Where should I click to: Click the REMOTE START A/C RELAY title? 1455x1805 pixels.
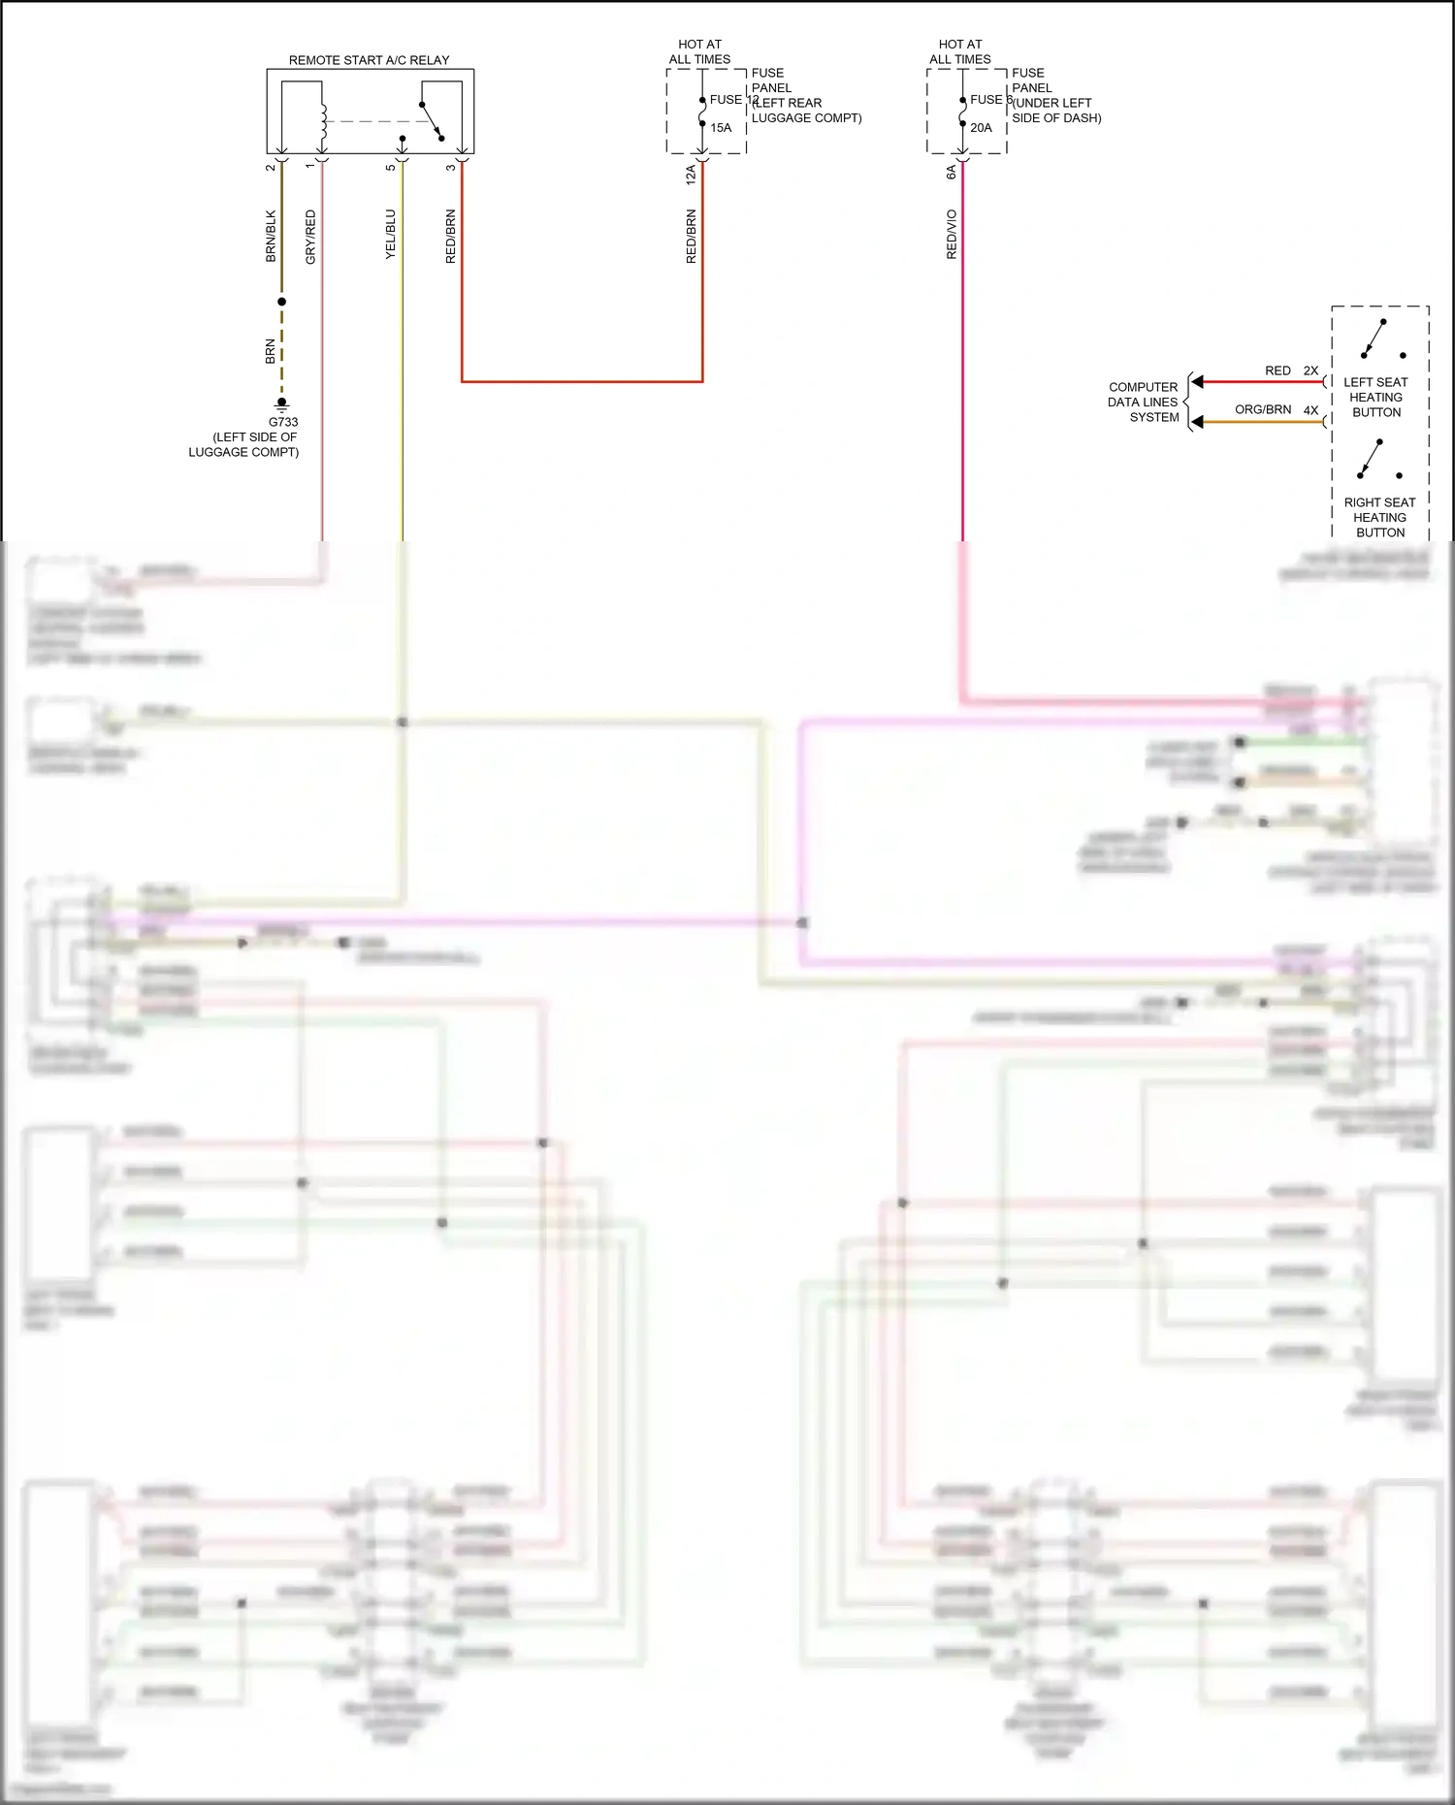[x=369, y=60]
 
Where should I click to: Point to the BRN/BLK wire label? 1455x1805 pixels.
[x=271, y=236]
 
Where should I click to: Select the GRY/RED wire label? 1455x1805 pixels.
[x=310, y=237]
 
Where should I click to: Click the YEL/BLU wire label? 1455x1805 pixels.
[x=390, y=234]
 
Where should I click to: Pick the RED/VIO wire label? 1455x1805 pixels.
[x=952, y=234]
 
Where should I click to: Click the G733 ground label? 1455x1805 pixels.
[x=283, y=422]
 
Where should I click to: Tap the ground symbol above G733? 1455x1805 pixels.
[x=282, y=403]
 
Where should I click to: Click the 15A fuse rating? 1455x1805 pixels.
[x=721, y=128]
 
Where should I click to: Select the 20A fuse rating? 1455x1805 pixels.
[x=981, y=128]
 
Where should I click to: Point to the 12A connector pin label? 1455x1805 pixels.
[x=691, y=175]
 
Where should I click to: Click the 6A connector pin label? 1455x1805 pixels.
[x=952, y=173]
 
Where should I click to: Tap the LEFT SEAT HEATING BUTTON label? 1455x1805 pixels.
[x=1375, y=397]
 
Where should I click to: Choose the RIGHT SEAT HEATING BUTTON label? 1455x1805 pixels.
[x=1379, y=517]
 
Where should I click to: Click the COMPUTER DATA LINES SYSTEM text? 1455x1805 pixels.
[x=1144, y=402]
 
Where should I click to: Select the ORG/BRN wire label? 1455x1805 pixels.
[x=1262, y=409]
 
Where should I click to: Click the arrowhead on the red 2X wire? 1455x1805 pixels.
[x=1197, y=382]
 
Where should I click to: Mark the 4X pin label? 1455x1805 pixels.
[x=1310, y=410]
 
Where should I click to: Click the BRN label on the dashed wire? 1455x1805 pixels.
[x=271, y=351]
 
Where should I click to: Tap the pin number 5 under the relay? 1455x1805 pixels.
[x=391, y=168]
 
